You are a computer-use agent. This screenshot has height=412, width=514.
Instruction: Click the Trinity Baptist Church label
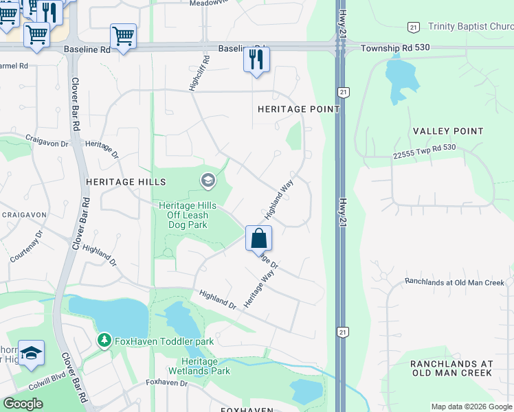pyautogui.click(x=470, y=27)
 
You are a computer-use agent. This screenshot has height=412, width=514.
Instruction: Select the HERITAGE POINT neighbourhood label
pyautogui.click(x=298, y=109)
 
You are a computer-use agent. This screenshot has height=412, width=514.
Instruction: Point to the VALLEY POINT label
pyautogui.click(x=448, y=130)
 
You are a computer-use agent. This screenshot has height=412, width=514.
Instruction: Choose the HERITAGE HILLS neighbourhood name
pyautogui.click(x=126, y=182)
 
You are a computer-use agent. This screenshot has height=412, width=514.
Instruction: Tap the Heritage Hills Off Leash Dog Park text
pyautogui.click(x=188, y=215)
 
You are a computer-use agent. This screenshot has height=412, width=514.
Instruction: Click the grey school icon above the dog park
pyautogui.click(x=207, y=181)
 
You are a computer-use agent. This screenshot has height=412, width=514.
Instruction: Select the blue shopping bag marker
pyautogui.click(x=259, y=239)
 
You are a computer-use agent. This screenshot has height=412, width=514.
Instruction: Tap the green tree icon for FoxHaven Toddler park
pyautogui.click(x=104, y=340)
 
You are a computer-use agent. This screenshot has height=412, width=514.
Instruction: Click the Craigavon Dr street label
pyautogui.click(x=47, y=139)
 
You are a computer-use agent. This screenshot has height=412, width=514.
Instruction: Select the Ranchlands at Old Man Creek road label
pyautogui.click(x=454, y=282)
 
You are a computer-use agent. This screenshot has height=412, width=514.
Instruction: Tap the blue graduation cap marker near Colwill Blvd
pyautogui.click(x=31, y=354)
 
